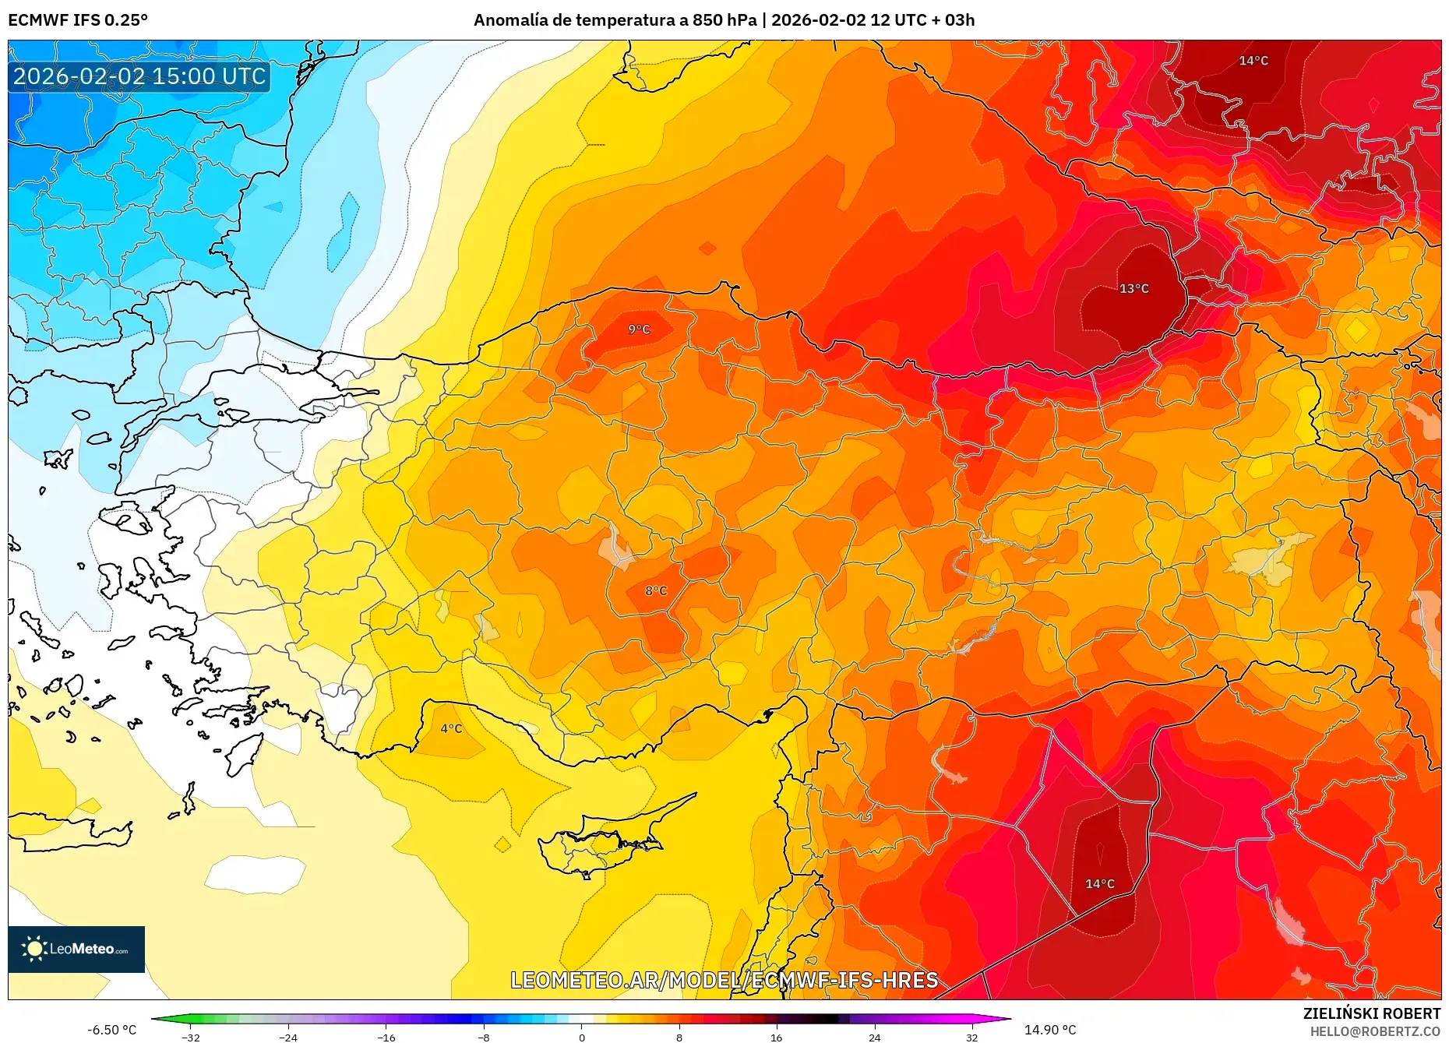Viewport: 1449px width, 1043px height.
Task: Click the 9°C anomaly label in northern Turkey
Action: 639,329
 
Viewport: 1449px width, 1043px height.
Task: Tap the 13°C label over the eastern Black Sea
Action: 1133,288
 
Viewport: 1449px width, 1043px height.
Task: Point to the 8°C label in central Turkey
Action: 656,590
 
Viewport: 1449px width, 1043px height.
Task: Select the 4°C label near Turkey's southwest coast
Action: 451,728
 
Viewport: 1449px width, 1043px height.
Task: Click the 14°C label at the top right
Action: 1253,61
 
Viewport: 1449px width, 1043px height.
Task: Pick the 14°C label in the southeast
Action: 1099,883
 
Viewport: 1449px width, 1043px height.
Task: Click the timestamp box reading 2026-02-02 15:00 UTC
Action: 139,76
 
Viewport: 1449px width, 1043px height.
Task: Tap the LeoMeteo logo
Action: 76,949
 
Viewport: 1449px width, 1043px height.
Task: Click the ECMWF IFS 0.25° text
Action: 78,20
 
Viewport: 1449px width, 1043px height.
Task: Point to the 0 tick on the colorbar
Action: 581,1037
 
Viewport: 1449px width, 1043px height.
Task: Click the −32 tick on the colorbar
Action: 190,1037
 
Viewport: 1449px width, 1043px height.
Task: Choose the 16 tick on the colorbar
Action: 776,1037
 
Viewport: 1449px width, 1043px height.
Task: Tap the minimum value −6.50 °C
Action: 111,1030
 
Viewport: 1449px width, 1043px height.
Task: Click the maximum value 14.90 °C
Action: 1049,1030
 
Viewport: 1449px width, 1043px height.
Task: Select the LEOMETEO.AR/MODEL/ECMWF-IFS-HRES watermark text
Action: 724,980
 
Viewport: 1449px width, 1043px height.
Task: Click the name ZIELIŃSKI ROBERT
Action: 1371,1013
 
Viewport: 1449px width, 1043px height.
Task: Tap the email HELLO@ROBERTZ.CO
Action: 1374,1031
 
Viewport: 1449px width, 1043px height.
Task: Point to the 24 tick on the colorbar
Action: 874,1037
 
